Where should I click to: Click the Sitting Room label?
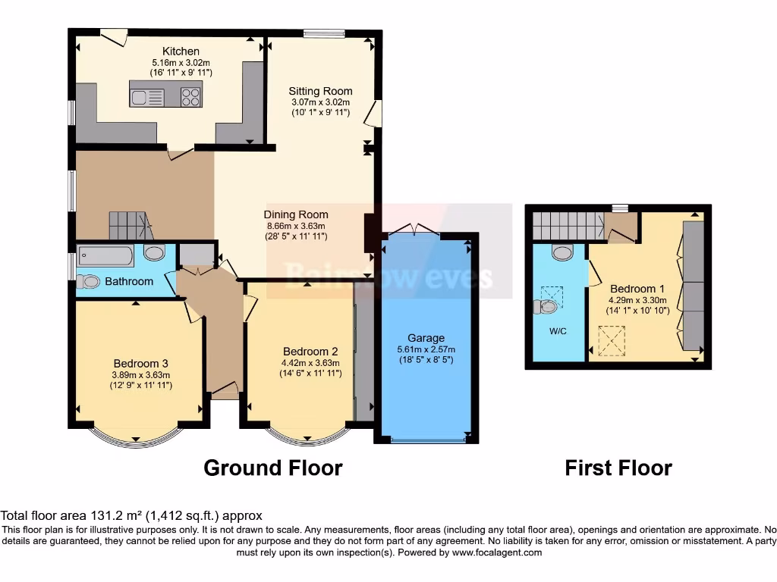pyautogui.click(x=320, y=92)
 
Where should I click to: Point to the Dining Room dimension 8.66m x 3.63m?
pyautogui.click(x=294, y=225)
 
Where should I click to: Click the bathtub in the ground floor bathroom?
pyautogui.click(x=105, y=255)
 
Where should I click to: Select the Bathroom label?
pyautogui.click(x=129, y=281)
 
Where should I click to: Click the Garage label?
pyautogui.click(x=426, y=338)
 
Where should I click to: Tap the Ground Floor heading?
pyautogui.click(x=272, y=468)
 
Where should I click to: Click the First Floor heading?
pyautogui.click(x=618, y=468)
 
